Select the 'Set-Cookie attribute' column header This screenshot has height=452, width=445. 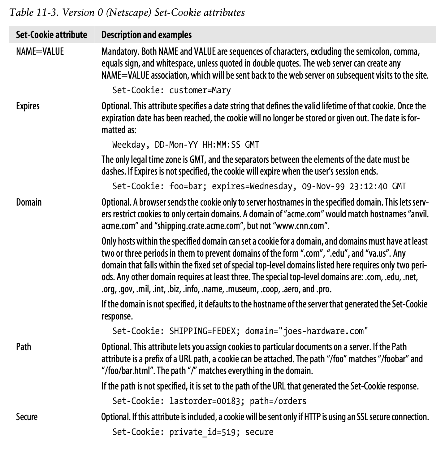pyautogui.click(x=51, y=35)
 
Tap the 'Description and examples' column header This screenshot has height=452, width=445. pyautogui.click(x=146, y=35)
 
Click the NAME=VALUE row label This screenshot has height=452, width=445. pyautogui.click(x=40, y=51)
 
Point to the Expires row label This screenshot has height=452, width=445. pyautogui.click(x=28, y=106)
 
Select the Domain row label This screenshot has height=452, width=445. pyautogui.click(x=29, y=202)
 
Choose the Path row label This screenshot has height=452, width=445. pyautogui.click(x=24, y=346)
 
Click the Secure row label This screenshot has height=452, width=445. pyautogui.click(x=27, y=417)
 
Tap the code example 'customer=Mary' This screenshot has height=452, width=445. pyautogui.click(x=200, y=90)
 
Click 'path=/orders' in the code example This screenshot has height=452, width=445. pyautogui.click(x=278, y=401)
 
